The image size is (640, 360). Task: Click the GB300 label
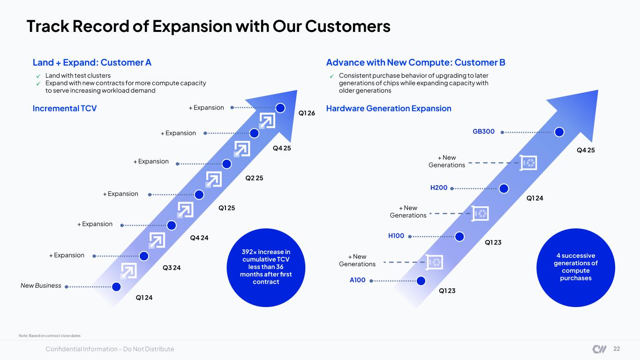(483, 131)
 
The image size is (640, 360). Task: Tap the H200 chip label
(439, 187)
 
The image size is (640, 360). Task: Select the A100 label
(357, 280)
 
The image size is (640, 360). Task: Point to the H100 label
(396, 236)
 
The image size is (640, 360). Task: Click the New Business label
(41, 285)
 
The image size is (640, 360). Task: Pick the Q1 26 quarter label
(307, 113)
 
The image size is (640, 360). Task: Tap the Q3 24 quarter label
(172, 268)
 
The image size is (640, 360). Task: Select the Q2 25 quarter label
(254, 178)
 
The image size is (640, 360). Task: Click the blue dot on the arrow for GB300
(559, 132)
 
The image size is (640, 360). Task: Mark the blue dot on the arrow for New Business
(116, 286)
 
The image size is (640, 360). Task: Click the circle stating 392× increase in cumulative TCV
(266, 268)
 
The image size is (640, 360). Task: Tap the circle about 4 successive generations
(576, 268)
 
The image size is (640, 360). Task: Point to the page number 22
(617, 349)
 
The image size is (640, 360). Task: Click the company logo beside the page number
(599, 349)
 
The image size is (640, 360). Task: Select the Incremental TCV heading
(65, 109)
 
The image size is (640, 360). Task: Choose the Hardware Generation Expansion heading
(389, 109)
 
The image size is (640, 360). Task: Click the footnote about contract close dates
(50, 336)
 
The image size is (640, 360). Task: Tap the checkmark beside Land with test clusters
(38, 76)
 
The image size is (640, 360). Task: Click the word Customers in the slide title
(348, 26)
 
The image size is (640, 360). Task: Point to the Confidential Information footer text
(110, 349)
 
